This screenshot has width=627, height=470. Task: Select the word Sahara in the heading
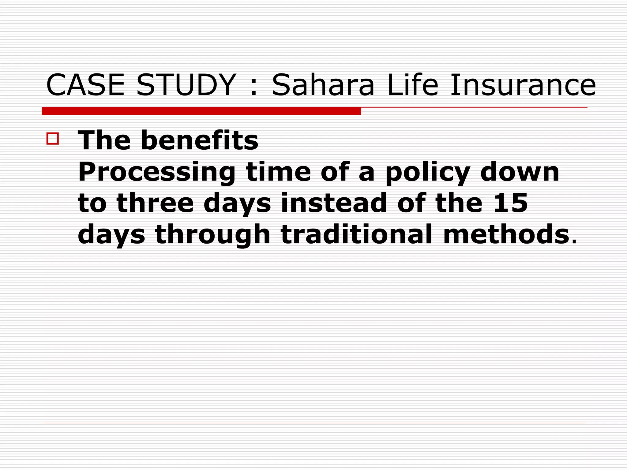pos(323,85)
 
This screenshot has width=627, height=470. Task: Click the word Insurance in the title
pos(523,85)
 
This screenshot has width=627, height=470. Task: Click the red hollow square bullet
pos(53,138)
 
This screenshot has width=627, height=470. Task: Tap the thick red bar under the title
pos(201,111)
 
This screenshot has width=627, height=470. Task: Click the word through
pos(213,235)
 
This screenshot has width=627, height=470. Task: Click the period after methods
pos(573,242)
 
